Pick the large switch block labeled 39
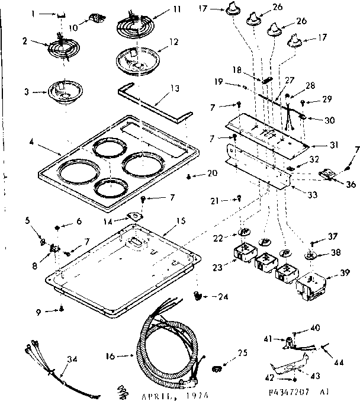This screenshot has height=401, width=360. (x=310, y=286)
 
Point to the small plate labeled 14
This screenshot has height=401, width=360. (x=137, y=216)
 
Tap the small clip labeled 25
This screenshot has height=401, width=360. (x=217, y=370)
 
